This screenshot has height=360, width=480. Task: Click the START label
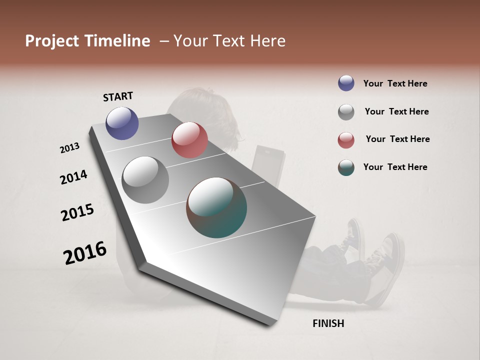pyautogui.click(x=118, y=96)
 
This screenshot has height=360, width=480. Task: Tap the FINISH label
pyautogui.click(x=328, y=323)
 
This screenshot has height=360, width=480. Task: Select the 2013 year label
pyautogui.click(x=70, y=148)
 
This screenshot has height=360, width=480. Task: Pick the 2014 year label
pyautogui.click(x=74, y=177)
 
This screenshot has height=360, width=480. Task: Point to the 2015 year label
pyautogui.click(x=77, y=212)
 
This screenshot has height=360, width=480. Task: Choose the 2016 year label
pyautogui.click(x=85, y=252)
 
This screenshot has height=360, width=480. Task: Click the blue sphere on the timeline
pyautogui.click(x=122, y=123)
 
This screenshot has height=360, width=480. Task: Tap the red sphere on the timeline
pyautogui.click(x=189, y=140)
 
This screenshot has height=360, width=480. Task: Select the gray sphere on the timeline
pyautogui.click(x=145, y=180)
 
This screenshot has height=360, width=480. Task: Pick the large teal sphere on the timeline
pyautogui.click(x=216, y=207)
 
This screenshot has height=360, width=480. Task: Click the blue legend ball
pyautogui.click(x=346, y=83)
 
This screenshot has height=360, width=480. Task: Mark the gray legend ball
pyautogui.click(x=346, y=112)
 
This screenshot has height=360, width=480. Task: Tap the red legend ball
pyautogui.click(x=346, y=140)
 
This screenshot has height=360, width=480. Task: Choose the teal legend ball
pyautogui.click(x=346, y=167)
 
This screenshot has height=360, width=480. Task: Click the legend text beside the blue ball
pyautogui.click(x=395, y=83)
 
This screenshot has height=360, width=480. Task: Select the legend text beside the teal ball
pyautogui.click(x=395, y=167)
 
